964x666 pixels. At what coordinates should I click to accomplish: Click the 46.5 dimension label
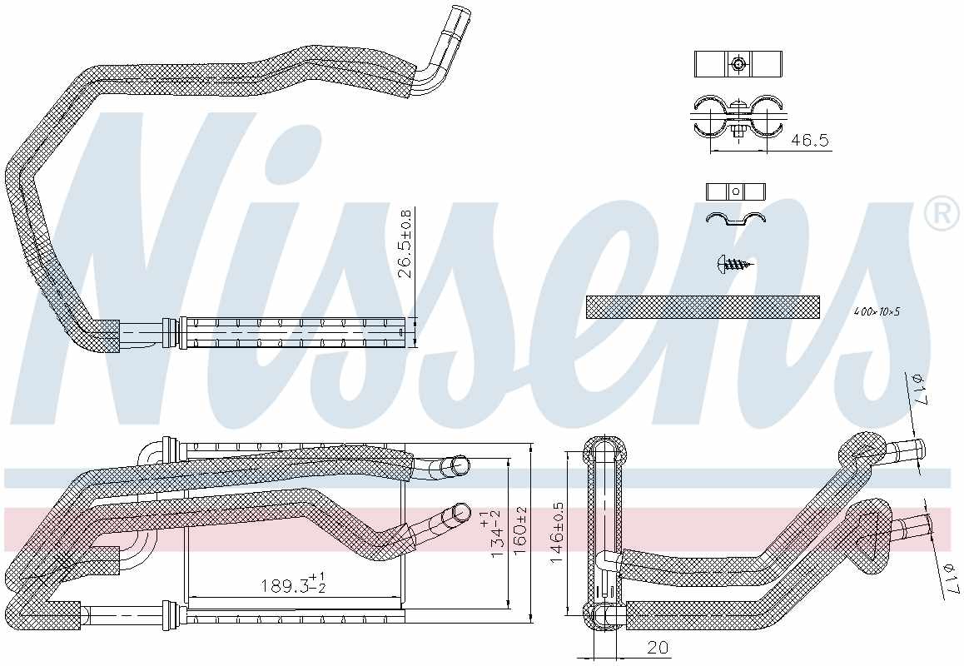[809, 141]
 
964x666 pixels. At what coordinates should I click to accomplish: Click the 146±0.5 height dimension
[559, 533]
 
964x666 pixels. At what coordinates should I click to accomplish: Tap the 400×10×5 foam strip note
[877, 311]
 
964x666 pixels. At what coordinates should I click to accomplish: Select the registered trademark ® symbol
[942, 215]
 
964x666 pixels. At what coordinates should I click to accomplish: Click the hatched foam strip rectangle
[702, 306]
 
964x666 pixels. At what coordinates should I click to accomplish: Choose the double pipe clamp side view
[738, 116]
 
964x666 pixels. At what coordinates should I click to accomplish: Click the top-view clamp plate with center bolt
[738, 63]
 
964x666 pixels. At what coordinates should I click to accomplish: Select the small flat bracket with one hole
[735, 191]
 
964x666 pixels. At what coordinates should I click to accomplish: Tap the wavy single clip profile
[735, 218]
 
